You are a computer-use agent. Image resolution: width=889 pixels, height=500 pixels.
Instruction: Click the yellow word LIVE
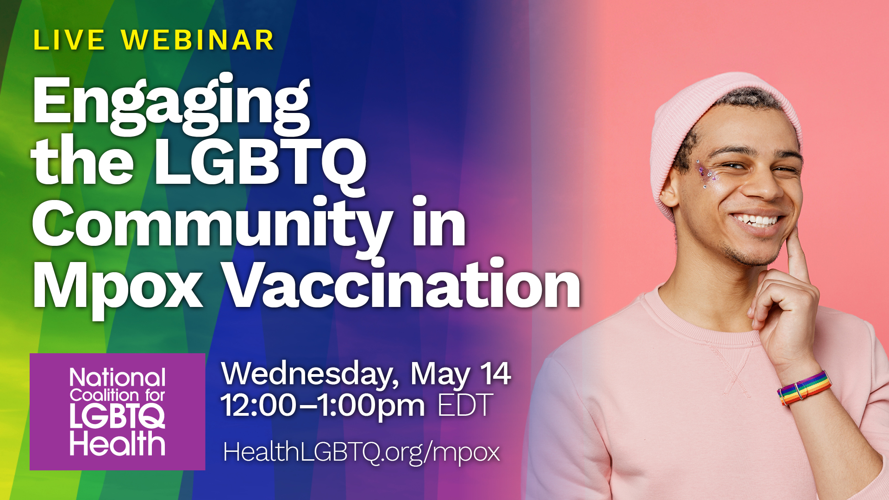tap(69, 40)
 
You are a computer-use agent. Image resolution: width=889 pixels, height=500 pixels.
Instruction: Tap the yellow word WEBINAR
tap(198, 40)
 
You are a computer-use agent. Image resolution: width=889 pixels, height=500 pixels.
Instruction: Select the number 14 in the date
tap(495, 373)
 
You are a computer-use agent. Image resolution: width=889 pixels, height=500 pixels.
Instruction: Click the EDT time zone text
tap(465, 406)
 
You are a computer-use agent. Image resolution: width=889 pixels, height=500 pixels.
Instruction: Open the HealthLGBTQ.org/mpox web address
tap(362, 452)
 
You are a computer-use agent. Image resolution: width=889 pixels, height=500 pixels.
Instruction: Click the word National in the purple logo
tap(118, 378)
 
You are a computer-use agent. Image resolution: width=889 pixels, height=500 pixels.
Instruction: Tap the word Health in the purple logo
tap(118, 444)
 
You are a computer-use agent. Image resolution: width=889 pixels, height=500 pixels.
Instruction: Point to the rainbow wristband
tap(804, 388)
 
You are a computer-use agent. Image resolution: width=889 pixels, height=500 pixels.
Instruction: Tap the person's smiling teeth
tap(756, 220)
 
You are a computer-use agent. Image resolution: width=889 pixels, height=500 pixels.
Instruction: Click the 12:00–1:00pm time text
tap(323, 406)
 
